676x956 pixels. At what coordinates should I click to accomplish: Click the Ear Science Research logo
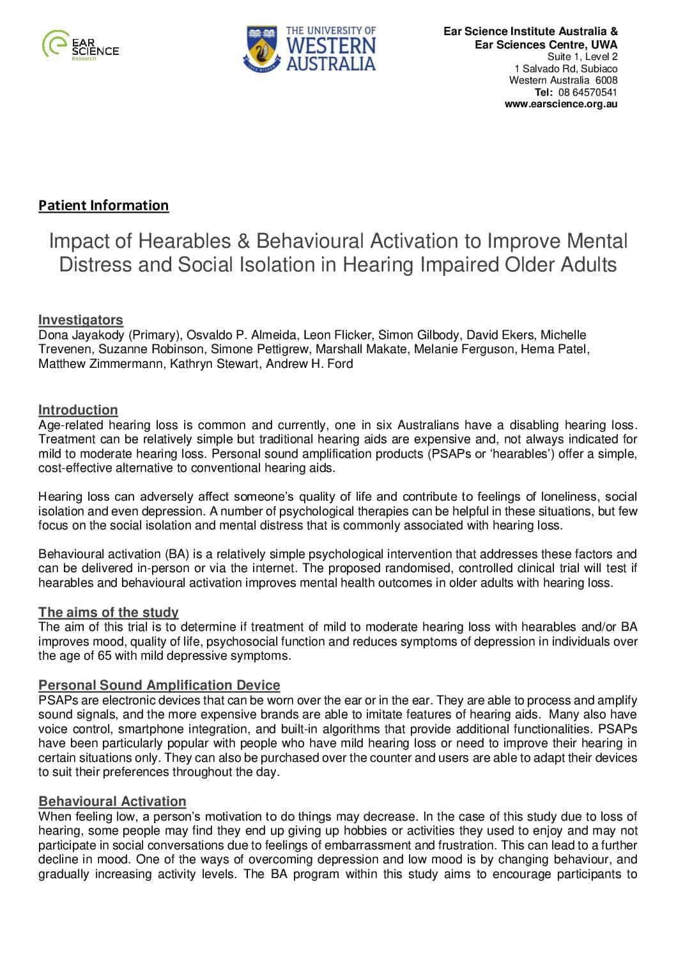tap(80, 45)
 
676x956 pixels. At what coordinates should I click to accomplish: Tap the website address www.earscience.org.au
tap(561, 104)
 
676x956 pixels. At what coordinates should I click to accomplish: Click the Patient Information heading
tap(104, 205)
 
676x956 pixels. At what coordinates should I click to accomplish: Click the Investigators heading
tap(81, 320)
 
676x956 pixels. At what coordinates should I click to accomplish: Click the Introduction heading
tap(78, 410)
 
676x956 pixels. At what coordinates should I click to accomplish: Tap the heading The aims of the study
tap(108, 612)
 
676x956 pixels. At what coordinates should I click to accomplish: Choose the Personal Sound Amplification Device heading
tap(159, 685)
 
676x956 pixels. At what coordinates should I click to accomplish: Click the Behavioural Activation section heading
tap(112, 801)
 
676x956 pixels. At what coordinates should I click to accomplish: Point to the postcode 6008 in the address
tap(606, 80)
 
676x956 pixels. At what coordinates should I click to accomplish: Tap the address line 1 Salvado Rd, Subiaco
tap(566, 68)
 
